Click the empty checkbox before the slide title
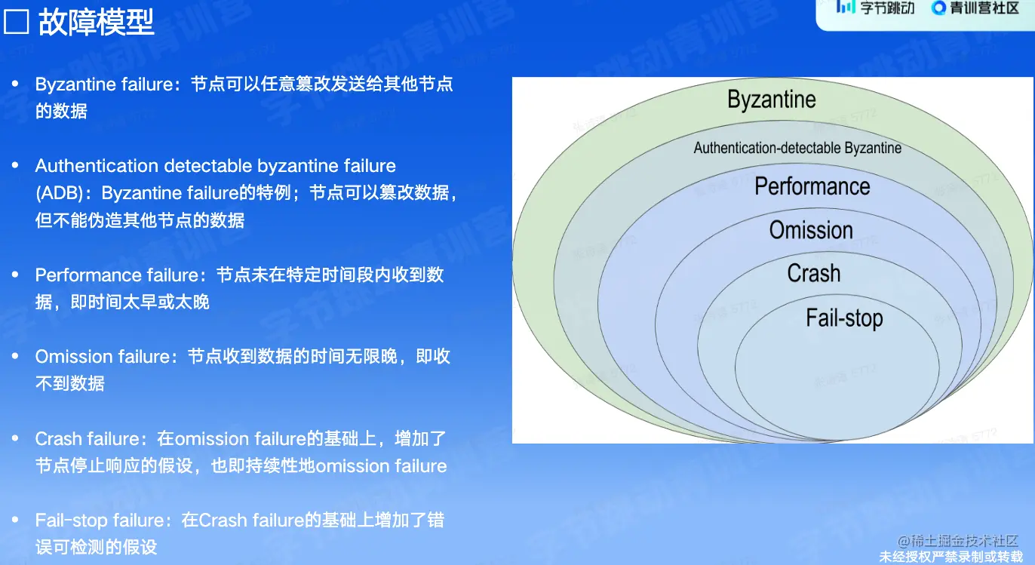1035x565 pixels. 16,22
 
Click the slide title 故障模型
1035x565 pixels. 96,22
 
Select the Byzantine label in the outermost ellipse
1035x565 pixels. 772,100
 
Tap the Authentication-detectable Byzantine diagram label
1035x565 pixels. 797,148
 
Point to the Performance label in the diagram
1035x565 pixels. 812,186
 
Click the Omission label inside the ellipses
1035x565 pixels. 811,230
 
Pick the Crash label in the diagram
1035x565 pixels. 814,273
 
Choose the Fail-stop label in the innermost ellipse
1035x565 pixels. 845,318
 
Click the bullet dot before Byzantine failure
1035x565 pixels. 15,84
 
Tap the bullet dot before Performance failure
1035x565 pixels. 15,275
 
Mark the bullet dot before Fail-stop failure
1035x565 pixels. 15,520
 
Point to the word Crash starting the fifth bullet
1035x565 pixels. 58,439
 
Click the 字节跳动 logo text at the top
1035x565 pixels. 887,8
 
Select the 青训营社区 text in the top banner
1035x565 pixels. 984,8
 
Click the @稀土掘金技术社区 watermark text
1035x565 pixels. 957,541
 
